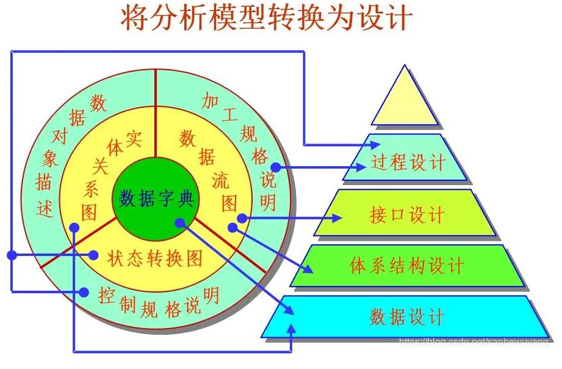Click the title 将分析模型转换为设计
[x=265, y=19]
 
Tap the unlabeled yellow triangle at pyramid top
[x=405, y=101]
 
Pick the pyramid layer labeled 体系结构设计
[x=406, y=266]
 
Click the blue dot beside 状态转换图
[x=93, y=255]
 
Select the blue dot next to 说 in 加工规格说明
[x=276, y=167]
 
